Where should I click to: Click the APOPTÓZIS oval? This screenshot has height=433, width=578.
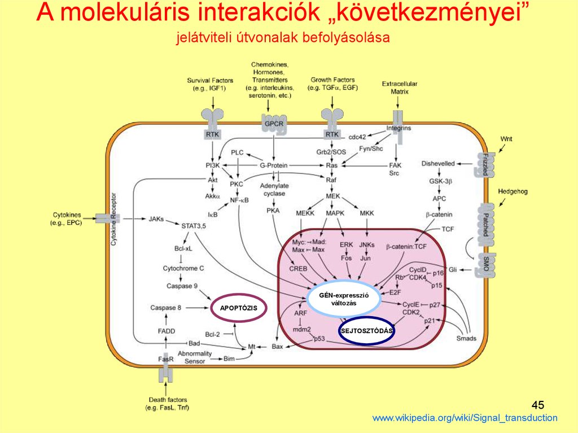coord(239,308)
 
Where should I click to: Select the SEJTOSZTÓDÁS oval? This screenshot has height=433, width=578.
coord(366,331)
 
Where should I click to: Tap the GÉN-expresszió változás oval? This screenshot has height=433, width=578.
coord(343,299)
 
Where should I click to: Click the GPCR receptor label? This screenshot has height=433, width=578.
coord(273,123)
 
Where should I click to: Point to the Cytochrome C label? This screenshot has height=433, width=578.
coord(183,268)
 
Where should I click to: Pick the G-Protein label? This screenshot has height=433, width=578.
coord(274,165)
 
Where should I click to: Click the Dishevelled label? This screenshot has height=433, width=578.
coord(437,164)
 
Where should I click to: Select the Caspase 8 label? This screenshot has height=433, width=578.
coord(166,308)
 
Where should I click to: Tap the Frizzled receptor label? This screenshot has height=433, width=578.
coord(484,164)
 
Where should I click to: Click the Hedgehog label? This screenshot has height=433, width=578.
coord(513,191)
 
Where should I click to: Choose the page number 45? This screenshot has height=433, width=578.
coord(538,405)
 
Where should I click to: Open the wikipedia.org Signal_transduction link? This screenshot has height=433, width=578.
coord(465,418)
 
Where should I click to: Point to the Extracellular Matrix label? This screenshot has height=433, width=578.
coord(399,87)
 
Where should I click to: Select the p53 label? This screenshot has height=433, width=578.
coord(319,338)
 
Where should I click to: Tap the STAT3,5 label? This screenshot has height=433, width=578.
coord(194,226)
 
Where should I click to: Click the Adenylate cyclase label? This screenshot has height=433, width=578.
coord(274,189)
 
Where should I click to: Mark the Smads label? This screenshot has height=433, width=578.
coord(466,338)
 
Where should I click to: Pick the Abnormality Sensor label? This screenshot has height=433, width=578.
coord(195,357)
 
